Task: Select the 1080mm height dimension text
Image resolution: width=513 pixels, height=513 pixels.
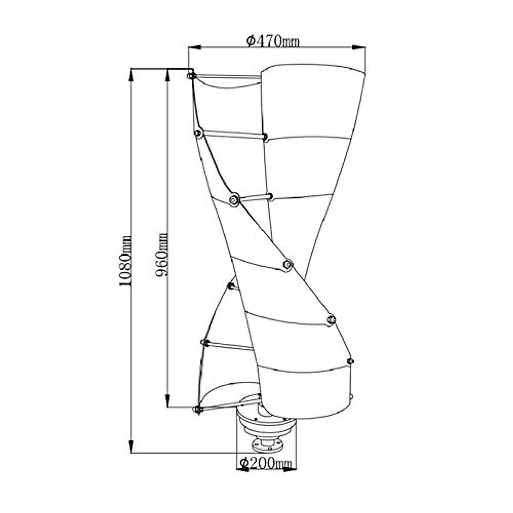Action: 125,261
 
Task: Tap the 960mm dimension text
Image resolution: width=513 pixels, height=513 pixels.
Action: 162,254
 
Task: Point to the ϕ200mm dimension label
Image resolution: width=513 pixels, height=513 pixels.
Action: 265,463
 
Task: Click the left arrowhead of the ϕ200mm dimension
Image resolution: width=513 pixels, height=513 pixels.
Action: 242,469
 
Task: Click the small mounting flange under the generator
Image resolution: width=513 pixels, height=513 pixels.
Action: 268,445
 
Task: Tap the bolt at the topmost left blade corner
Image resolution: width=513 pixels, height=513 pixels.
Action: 191,76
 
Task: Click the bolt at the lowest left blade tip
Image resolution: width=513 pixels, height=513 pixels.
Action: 197,410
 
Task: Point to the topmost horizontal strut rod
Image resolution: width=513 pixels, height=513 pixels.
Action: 227,77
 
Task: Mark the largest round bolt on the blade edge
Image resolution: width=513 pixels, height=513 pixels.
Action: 234,200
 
